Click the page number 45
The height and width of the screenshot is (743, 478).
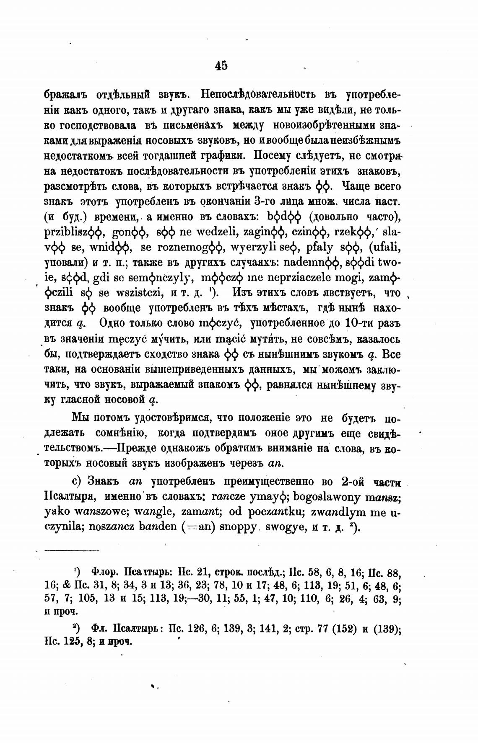click(221, 65)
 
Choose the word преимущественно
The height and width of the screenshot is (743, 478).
click(230, 482)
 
